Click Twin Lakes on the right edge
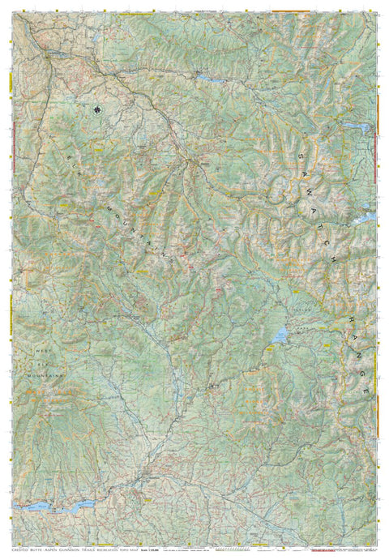367,217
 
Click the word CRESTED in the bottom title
18,550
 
